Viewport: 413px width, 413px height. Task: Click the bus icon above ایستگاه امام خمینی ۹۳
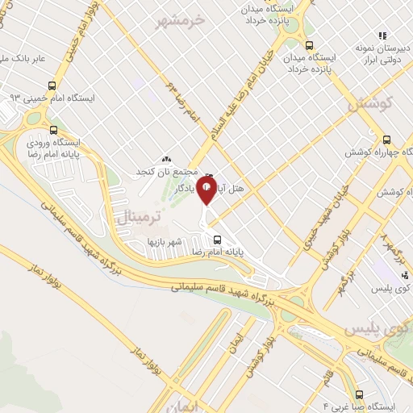point(52,85)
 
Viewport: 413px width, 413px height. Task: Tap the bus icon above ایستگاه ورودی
point(53,129)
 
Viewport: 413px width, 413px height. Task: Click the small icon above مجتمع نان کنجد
point(166,160)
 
